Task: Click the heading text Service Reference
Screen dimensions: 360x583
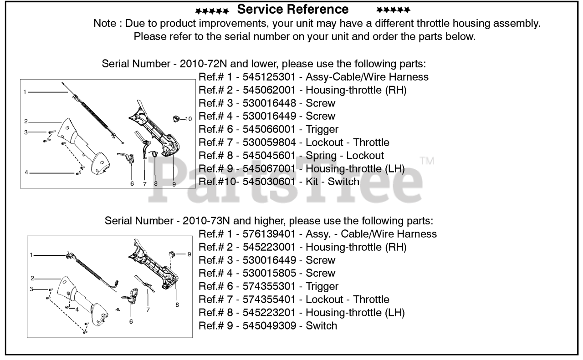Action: point(293,9)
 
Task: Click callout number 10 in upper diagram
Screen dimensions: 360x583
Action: point(189,119)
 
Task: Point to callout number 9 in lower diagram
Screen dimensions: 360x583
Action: point(189,254)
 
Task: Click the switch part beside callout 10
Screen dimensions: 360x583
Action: point(176,119)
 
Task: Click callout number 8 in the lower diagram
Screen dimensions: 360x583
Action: point(177,304)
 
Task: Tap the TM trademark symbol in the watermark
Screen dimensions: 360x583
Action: point(427,161)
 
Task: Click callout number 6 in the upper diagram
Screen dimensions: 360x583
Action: point(132,184)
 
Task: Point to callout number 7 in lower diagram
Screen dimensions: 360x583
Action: point(148,309)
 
